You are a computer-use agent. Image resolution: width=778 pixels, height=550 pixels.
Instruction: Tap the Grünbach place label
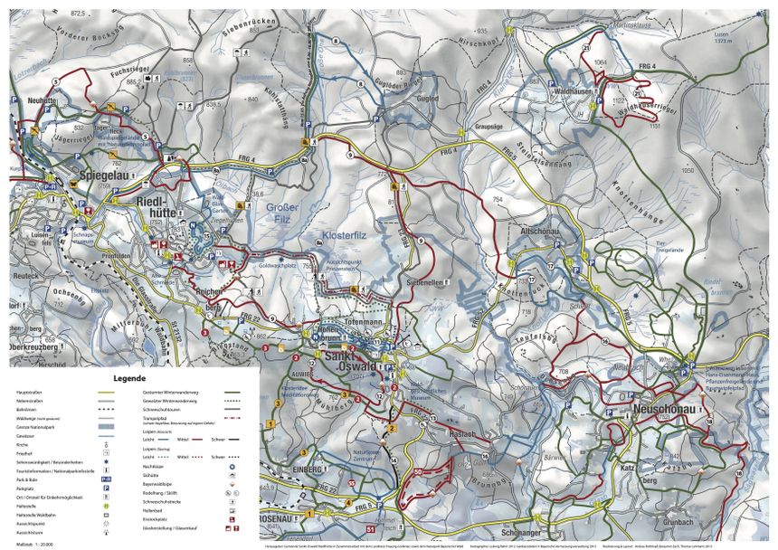tap(678, 521)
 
